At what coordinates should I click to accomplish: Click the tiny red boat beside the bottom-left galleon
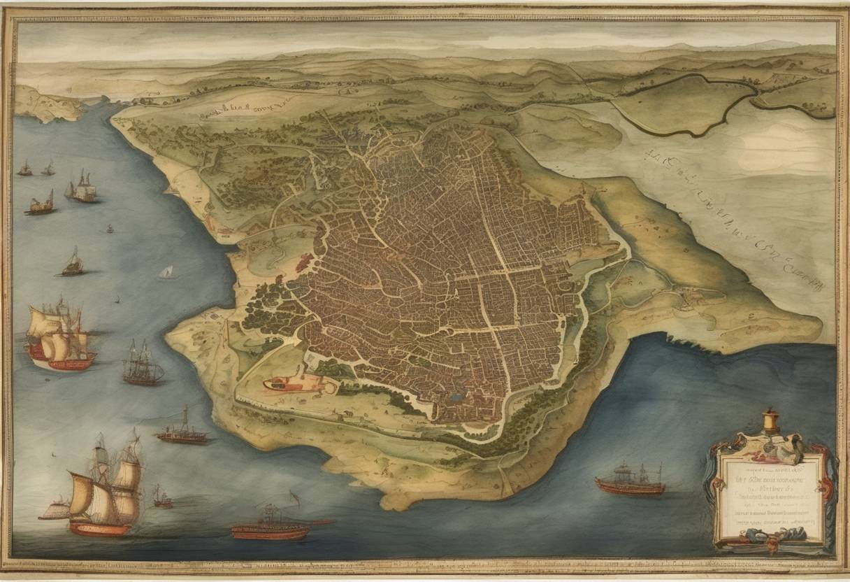[162, 499]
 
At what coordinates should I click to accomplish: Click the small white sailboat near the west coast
[167, 272]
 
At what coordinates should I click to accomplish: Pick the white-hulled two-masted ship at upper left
[82, 189]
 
